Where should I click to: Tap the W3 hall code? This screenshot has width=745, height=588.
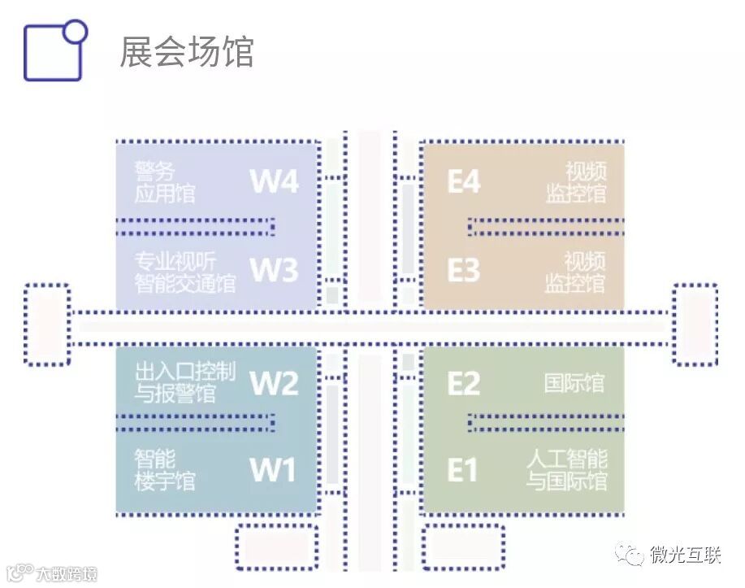coord(274,270)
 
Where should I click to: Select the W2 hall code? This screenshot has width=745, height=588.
coord(274,383)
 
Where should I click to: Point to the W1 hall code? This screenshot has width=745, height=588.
coord(274,470)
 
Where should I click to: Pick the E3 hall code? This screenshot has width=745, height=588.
coord(464,270)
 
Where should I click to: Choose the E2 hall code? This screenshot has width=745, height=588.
coord(464,383)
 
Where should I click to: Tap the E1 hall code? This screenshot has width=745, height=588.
coord(462,470)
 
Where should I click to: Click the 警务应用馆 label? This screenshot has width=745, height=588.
coord(165,182)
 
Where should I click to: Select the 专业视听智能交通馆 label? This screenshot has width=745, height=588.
coord(185,272)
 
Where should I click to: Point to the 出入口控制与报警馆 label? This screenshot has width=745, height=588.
coord(185,383)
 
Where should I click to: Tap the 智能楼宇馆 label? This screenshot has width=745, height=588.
coord(165,470)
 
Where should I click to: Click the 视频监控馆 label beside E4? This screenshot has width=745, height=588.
coord(576,182)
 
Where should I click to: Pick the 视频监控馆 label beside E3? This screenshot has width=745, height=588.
coord(575,272)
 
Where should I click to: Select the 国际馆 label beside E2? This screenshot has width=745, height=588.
coord(574,383)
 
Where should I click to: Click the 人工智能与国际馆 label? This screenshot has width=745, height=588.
coord(566,470)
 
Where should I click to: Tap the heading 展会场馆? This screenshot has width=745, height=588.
coord(186,51)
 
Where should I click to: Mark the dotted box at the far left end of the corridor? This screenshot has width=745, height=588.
coord(46,324)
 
